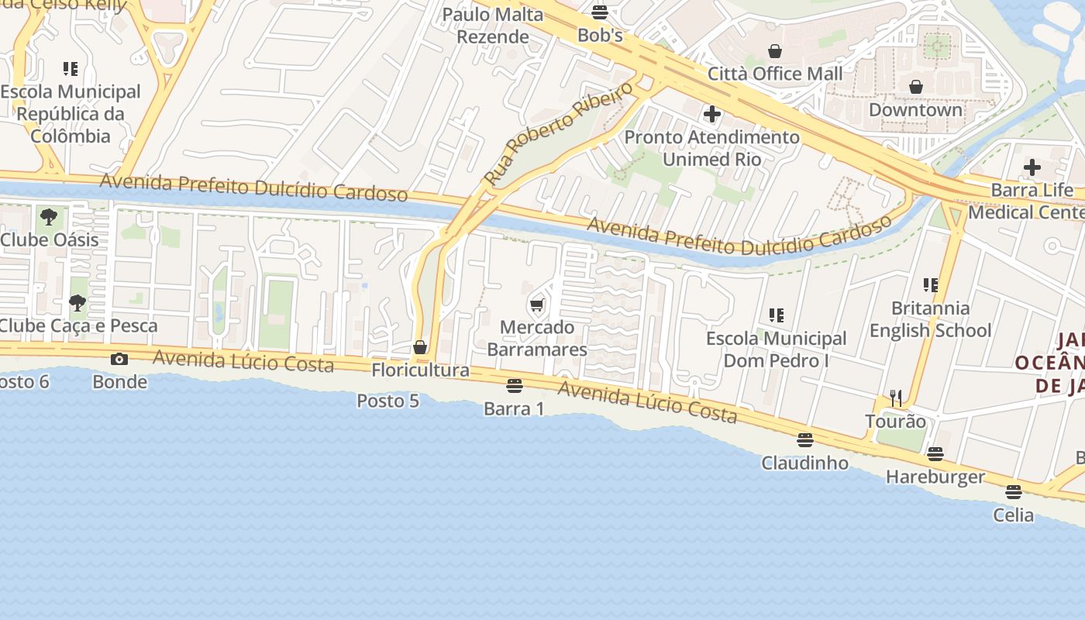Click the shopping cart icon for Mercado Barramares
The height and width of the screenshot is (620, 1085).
536,305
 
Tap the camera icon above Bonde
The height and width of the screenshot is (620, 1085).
119,359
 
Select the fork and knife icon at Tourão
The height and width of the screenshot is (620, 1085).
896,398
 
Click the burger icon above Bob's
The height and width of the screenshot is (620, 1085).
599,12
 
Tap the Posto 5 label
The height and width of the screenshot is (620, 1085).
387,401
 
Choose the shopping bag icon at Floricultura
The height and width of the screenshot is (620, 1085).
420,347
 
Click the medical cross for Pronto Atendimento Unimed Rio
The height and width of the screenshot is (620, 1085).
711,115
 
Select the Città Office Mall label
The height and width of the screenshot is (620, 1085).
775,74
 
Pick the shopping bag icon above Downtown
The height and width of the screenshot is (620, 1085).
915,87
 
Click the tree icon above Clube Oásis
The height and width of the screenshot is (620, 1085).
49,217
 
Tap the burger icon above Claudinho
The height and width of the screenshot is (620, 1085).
805,440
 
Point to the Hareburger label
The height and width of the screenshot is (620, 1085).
935,477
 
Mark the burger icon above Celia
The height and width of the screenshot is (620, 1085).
1013,492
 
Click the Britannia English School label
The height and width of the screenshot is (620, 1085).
930,319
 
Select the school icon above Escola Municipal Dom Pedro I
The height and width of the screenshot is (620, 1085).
777,315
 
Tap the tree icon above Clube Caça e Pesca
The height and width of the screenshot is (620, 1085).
77,303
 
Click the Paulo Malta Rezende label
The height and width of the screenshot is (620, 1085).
493,26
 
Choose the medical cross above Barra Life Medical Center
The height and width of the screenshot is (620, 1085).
1032,167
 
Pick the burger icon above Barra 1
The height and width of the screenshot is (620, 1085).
514,386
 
